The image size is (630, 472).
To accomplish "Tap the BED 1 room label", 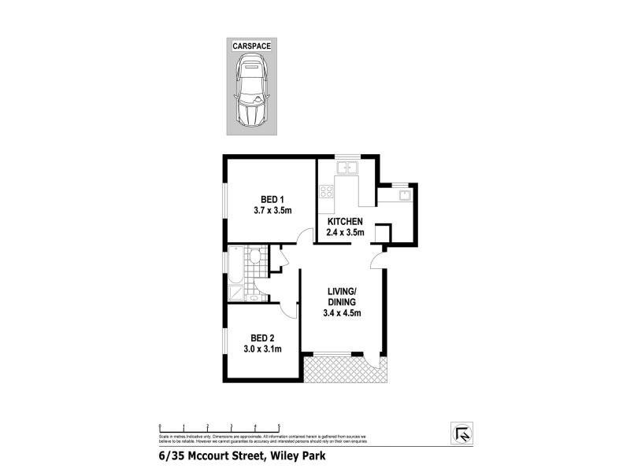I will tap(272, 199).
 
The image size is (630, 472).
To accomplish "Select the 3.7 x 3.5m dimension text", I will tap(272, 211).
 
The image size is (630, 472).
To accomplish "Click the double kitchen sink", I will tap(346, 167).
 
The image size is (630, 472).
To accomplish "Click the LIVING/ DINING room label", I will tap(343, 297).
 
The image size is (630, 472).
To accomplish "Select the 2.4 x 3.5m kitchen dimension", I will tap(344, 234).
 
